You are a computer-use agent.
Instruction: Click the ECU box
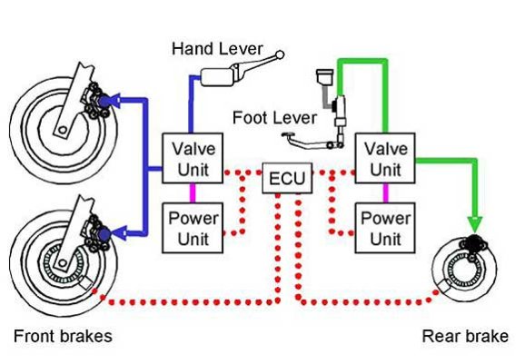point(287,178)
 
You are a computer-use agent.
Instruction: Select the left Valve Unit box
point(193,158)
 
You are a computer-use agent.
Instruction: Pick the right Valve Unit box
point(385,158)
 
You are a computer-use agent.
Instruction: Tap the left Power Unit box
point(193,228)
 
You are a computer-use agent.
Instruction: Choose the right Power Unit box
point(385,228)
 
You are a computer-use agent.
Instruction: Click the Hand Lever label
point(217,49)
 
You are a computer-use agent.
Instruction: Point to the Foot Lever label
point(274,118)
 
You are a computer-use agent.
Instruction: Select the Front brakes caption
point(63,336)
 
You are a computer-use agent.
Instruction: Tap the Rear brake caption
point(465,336)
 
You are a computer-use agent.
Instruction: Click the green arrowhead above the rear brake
point(475,223)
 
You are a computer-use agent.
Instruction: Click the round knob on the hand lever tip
point(280,54)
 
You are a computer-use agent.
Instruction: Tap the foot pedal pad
point(288,135)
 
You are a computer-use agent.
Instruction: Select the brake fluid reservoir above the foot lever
point(325,76)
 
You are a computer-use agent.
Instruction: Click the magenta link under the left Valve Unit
point(193,193)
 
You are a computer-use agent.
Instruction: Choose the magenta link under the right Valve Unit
point(385,193)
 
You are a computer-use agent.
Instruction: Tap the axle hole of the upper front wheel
point(62,131)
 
